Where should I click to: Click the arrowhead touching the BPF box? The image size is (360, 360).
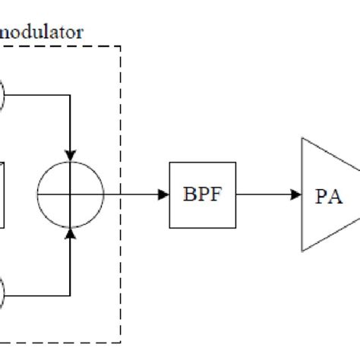click(163, 194)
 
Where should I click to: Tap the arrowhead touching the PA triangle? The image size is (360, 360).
click(296, 194)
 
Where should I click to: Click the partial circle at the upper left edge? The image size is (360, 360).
click(2, 96)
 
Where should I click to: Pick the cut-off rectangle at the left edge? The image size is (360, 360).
click(2, 194)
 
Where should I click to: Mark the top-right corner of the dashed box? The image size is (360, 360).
click(121, 46)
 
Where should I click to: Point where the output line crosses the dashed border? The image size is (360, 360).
click(121, 194)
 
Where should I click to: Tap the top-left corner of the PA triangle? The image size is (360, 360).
click(302, 138)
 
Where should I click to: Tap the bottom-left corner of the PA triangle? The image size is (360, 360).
click(302, 251)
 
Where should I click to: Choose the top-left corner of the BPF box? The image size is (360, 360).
click(169, 163)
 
